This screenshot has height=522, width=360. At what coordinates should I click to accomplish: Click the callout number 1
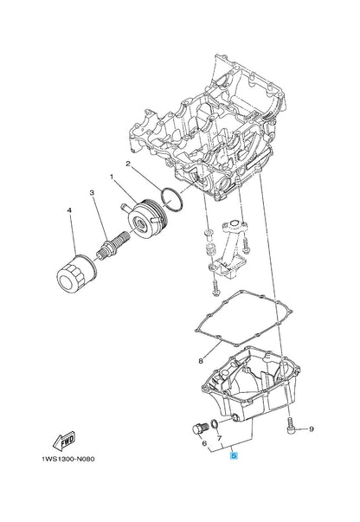tap(112, 177)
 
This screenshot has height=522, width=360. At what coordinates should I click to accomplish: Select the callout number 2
tap(127, 164)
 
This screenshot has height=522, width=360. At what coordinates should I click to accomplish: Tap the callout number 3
tap(92, 193)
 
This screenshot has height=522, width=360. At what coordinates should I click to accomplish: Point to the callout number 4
tap(69, 210)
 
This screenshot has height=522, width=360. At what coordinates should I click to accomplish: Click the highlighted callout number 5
tap(234, 455)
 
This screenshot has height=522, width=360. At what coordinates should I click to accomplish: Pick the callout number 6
tap(204, 443)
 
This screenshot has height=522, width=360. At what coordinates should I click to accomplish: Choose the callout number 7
tap(219, 437)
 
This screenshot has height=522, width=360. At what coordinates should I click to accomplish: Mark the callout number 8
tap(201, 361)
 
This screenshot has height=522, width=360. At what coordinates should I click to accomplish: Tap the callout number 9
tap(312, 429)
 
